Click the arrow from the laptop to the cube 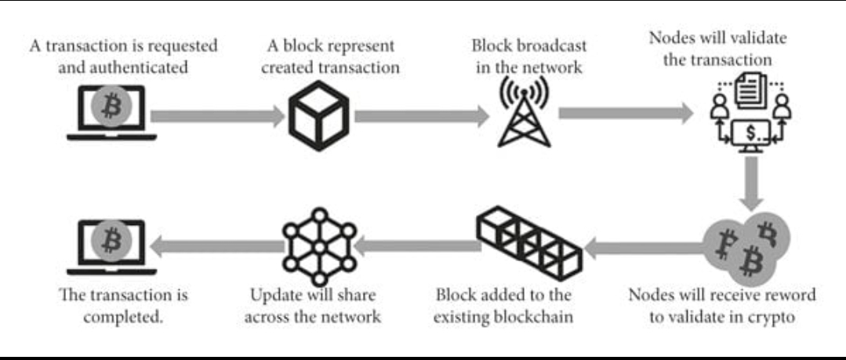point(216,117)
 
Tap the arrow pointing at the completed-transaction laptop point(216,248)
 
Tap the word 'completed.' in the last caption point(124,318)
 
